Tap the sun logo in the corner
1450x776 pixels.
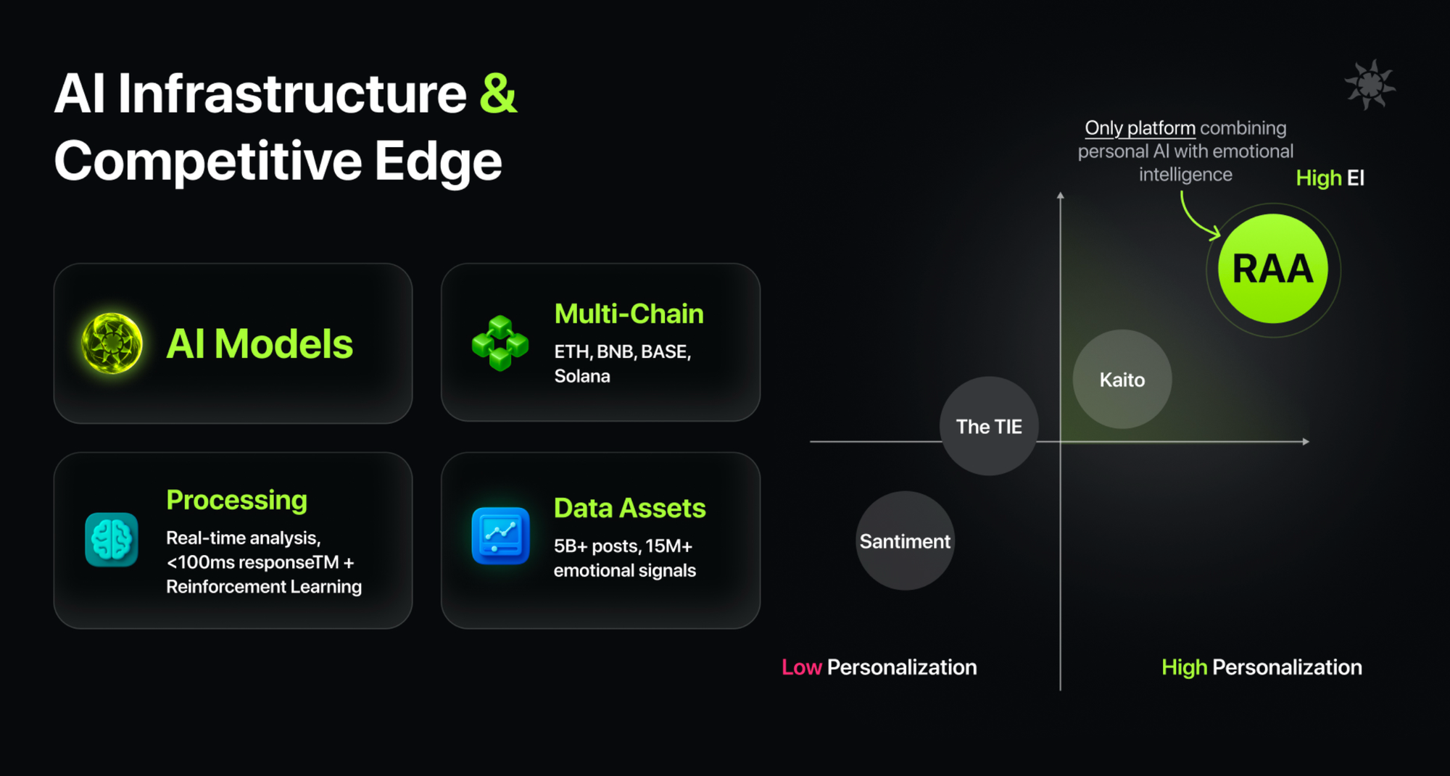1370,85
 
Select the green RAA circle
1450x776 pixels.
1273,269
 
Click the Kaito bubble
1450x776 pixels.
1122,379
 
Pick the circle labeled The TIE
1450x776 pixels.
989,426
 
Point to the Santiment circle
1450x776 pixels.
905,541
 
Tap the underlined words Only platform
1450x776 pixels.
1140,128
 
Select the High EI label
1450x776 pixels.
1330,178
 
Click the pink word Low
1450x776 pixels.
801,667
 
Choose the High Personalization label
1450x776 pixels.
1261,667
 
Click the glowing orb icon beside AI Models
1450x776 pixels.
112,343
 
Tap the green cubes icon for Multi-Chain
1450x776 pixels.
500,343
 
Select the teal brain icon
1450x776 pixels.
112,539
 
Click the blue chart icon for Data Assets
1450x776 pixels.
500,535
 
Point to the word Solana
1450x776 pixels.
582,376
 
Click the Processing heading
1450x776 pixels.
237,500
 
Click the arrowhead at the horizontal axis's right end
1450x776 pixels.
1306,441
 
